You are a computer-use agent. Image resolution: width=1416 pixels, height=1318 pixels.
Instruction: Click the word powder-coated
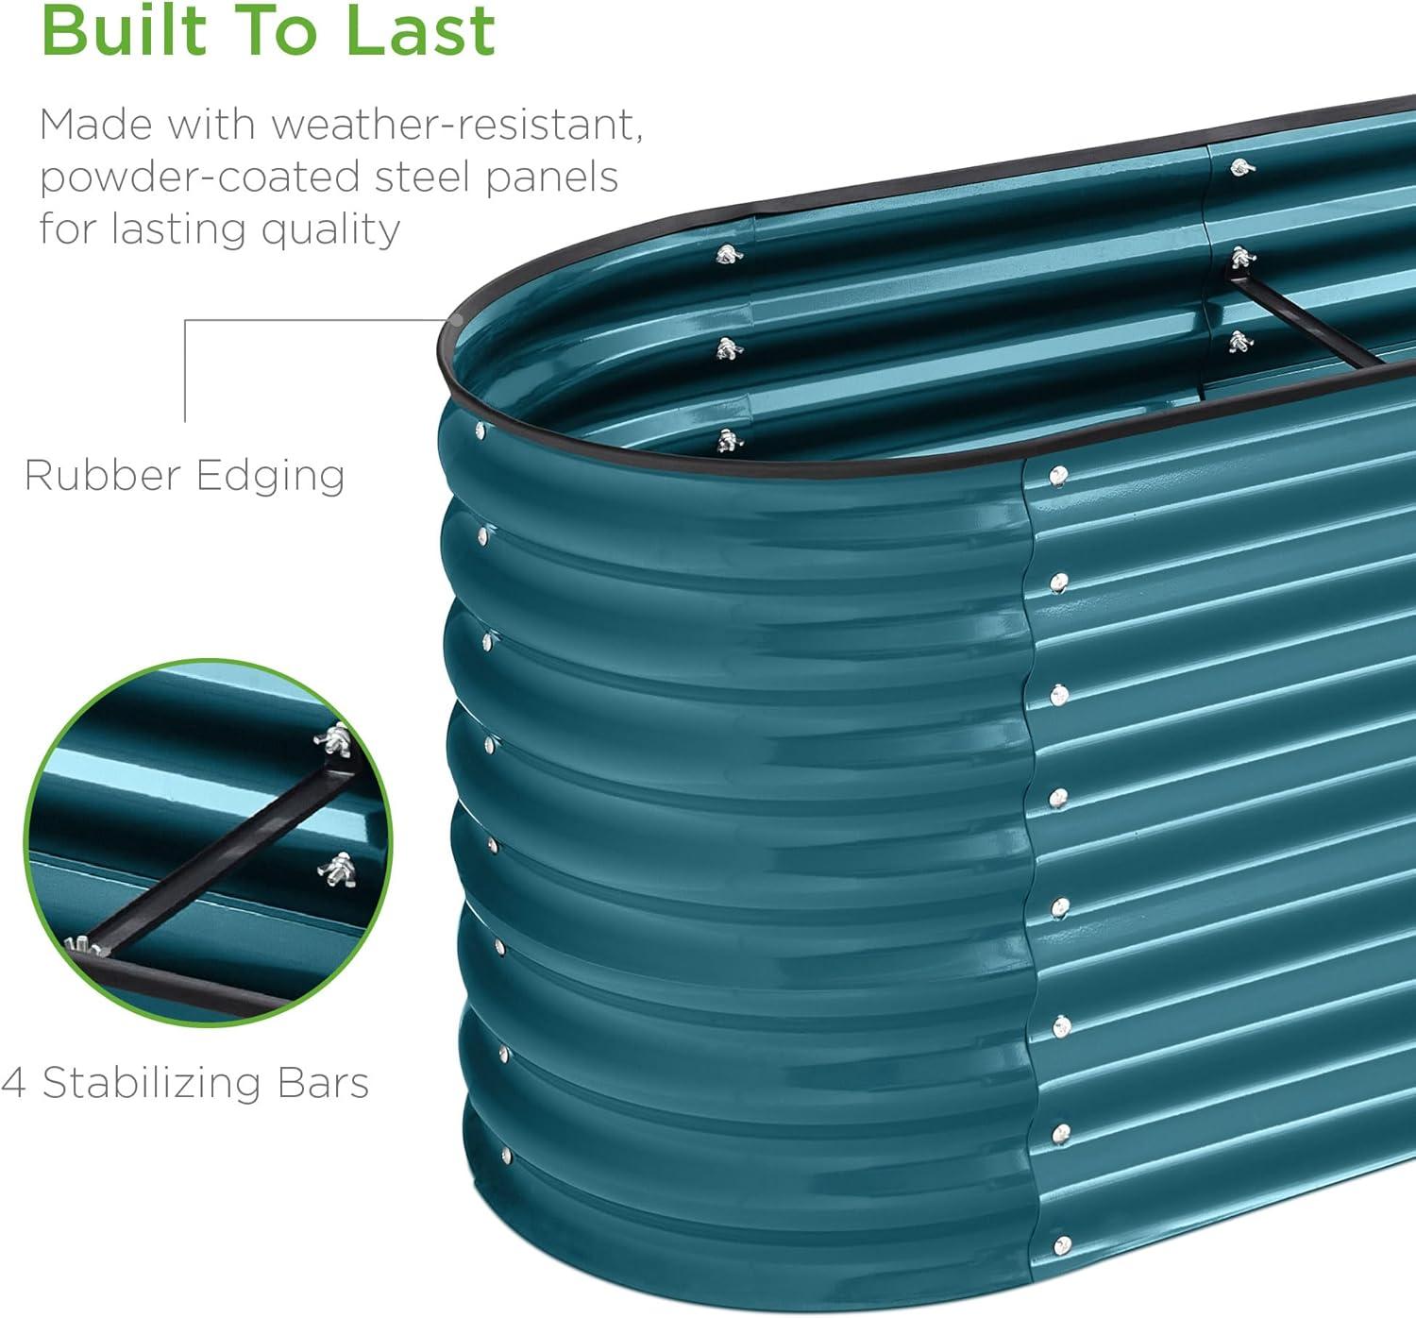coord(199,178)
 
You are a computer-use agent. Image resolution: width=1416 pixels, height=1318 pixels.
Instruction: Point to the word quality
coord(330,230)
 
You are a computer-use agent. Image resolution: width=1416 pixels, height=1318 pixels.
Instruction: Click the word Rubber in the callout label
coord(103,475)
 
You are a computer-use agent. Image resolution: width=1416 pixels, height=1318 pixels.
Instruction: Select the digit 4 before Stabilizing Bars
coord(13,1083)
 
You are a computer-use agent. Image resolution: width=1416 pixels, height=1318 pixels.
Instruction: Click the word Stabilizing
coord(152,1084)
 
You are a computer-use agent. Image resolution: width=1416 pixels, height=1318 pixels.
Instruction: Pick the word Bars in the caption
coord(323,1083)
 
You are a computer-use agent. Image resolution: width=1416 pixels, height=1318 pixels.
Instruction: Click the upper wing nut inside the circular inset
coord(333,739)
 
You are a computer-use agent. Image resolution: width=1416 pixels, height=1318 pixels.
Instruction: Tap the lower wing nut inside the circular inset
coord(336,870)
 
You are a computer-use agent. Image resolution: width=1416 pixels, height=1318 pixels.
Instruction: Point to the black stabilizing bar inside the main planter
coord(1304,322)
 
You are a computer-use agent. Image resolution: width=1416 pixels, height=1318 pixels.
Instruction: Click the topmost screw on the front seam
coord(1059,476)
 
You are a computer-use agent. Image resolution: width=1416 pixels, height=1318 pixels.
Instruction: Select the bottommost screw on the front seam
coord(1062,1245)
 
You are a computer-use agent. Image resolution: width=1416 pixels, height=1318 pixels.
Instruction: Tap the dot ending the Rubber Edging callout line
coord(457,320)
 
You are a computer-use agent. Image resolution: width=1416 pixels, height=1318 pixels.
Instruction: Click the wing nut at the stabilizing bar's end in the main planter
coord(1242,257)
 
